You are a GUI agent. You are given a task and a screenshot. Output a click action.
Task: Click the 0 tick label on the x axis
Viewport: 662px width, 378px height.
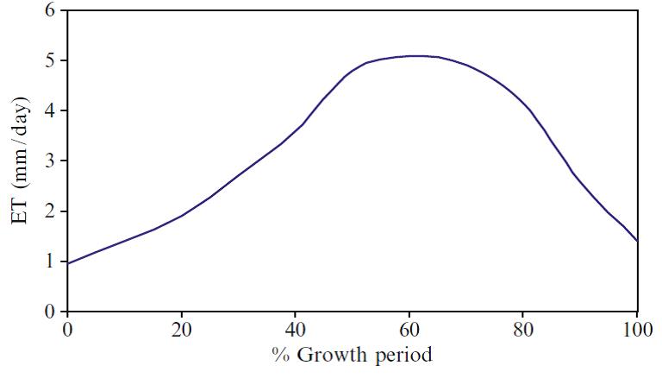pos(67,330)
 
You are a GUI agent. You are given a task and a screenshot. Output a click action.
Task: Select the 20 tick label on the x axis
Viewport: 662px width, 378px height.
pos(181,330)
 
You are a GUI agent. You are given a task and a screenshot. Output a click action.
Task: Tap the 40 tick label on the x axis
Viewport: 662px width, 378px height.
pos(295,330)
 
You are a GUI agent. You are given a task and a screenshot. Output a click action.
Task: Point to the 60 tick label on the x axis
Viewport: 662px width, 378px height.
pos(409,330)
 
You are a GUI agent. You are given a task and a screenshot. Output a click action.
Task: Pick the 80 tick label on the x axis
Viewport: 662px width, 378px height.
pos(523,330)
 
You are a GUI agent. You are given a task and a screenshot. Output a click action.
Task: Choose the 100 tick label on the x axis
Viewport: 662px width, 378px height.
pos(636,330)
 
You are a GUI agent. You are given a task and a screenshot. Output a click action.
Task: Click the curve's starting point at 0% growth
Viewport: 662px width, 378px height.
pos(67,263)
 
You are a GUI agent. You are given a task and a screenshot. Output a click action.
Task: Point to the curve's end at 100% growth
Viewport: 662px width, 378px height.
pos(637,241)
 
